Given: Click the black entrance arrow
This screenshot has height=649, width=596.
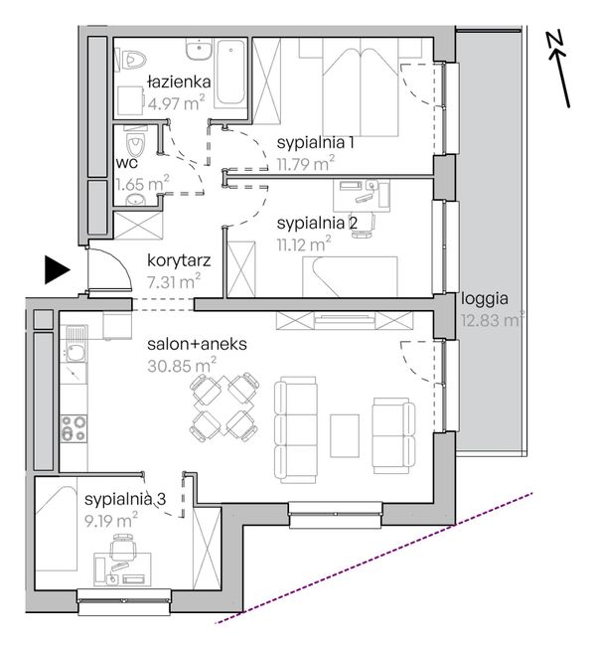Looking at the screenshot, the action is pos(57,270).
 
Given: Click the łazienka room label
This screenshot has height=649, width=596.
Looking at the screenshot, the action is pos(179,81).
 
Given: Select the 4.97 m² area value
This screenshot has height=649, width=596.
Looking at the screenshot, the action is pos(176,102).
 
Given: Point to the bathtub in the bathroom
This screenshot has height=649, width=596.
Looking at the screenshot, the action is pos(230,73).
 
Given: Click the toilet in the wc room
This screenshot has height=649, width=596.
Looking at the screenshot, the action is pos(135,143).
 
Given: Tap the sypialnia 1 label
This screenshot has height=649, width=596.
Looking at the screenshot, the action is pos(316,143).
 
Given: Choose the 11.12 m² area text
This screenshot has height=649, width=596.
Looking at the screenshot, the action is pos(304,243).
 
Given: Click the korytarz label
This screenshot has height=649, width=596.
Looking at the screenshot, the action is pos(179,260).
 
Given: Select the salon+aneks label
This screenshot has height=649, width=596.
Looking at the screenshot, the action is pos(198,344).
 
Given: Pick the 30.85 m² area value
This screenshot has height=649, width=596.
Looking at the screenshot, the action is pos(182,366).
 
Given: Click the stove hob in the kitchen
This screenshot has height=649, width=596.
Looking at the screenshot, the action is pos(74,428).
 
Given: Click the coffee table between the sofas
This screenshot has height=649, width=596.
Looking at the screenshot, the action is pos(345,435).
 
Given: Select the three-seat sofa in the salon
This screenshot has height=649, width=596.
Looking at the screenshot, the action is pos(295,429).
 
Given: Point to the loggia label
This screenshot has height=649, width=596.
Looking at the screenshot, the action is pos(485,298).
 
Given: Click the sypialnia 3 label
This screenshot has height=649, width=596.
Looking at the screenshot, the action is pos(125,499).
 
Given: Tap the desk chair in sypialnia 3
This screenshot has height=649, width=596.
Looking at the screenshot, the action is pos(123,548).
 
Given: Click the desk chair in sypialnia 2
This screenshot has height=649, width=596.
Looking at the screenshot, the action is pos(364,225).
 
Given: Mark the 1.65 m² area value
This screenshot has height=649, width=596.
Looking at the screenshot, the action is pos(142,183).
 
